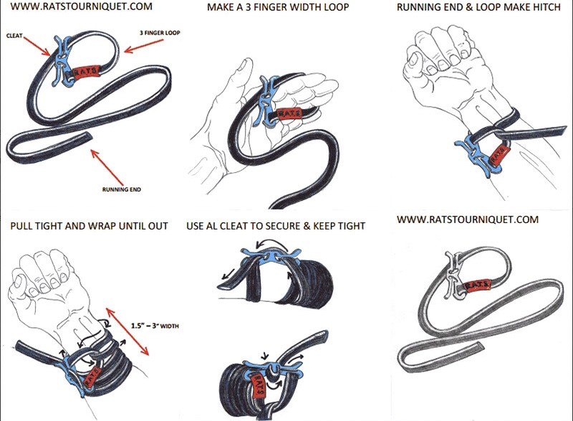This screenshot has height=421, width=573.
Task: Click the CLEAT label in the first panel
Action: coord(14,33)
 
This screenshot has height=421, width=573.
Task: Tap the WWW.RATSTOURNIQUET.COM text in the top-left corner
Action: coord(71,8)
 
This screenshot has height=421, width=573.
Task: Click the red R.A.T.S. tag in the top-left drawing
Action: coord(85,72)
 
